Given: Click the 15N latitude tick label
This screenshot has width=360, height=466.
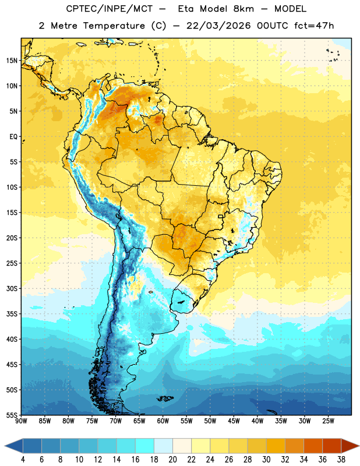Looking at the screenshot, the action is (12, 61).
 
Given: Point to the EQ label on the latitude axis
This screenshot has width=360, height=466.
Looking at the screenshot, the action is (13, 137).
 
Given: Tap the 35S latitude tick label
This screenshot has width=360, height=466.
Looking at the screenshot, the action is (12, 314).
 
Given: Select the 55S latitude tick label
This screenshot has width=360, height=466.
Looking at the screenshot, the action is (12, 415).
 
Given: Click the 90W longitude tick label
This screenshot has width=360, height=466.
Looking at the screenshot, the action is (21, 421).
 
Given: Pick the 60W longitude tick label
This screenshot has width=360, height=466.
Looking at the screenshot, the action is (163, 421).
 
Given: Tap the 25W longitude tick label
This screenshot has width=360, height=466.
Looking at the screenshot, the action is (328, 421).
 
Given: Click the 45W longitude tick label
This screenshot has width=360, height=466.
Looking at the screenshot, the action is (234, 421).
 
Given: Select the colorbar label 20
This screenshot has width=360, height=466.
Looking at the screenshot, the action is (172, 460).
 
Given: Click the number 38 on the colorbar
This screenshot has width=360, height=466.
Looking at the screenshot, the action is (341, 460).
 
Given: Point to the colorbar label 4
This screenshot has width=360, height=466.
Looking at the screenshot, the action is (23, 460).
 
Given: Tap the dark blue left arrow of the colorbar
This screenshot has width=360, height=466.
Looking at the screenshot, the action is (14, 446).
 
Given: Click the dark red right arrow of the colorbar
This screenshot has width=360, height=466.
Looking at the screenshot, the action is (350, 446).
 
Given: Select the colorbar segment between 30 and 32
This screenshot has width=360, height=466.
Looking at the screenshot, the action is (276, 446).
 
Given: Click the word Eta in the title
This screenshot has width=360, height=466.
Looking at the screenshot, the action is (186, 9).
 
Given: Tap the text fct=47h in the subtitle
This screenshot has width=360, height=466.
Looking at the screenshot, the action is (314, 26).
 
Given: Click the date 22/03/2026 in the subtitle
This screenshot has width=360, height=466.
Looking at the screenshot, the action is (219, 26).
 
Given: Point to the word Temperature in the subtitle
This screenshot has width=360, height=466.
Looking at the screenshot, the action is (114, 26).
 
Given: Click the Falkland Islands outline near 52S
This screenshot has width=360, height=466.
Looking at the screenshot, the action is (165, 398).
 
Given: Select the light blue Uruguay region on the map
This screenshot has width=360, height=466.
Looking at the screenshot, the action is (183, 301).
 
